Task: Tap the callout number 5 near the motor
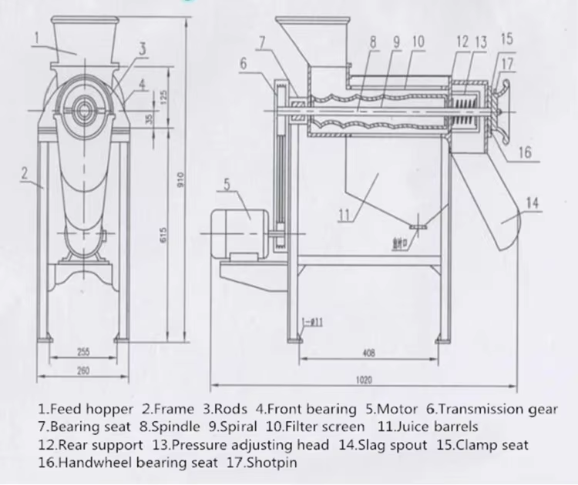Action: (x=227, y=183)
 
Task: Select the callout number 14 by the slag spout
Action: (x=533, y=202)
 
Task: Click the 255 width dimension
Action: (x=84, y=352)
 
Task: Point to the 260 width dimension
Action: (x=84, y=370)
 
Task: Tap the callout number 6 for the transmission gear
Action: (x=244, y=64)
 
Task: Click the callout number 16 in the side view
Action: (x=525, y=152)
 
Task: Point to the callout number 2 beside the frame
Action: (x=25, y=172)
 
